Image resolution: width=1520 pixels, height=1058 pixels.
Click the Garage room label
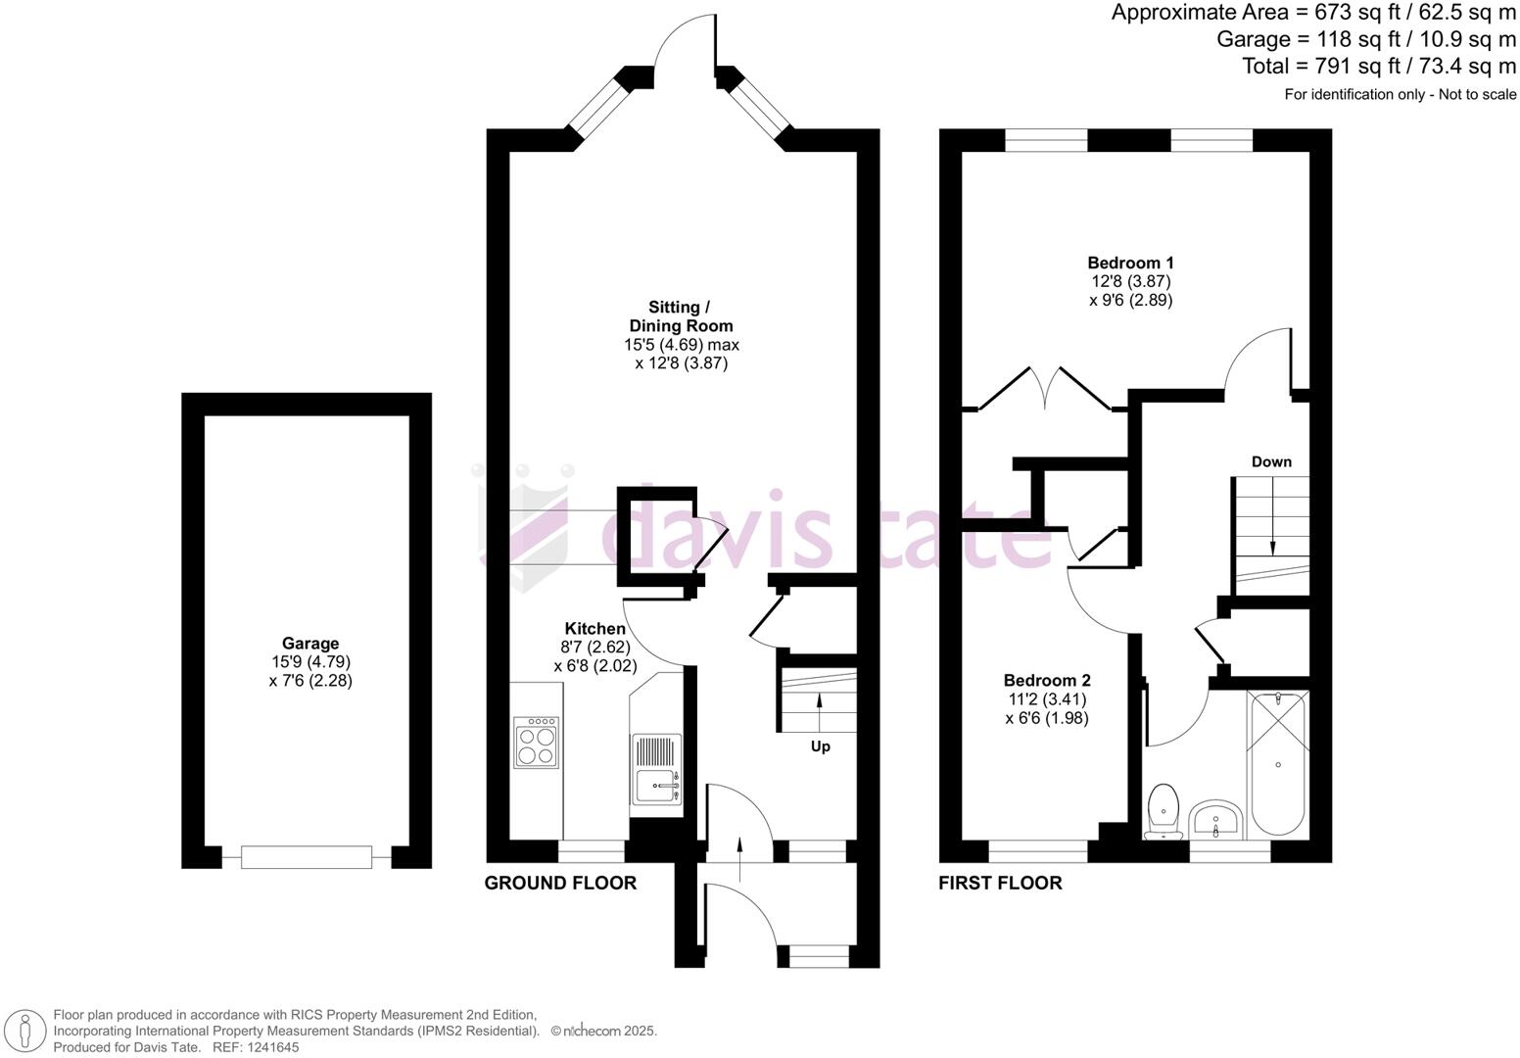310,644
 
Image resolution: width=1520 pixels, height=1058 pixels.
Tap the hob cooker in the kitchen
536,743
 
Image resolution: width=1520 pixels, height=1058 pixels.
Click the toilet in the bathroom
1164,810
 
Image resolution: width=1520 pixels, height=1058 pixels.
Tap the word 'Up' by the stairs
820,746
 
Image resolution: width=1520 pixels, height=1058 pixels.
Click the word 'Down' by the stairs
1271,461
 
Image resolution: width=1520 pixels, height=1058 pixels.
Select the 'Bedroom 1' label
1130,263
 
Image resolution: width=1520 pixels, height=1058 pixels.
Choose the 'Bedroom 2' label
1047,681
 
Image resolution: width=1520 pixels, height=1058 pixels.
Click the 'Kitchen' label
594,629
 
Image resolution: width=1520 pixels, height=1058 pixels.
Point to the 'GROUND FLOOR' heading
560,883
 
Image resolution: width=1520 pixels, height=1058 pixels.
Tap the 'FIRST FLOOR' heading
1000,883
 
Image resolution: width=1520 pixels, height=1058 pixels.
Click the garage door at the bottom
307,857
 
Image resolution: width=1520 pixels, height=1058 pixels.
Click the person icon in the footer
29,1032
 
